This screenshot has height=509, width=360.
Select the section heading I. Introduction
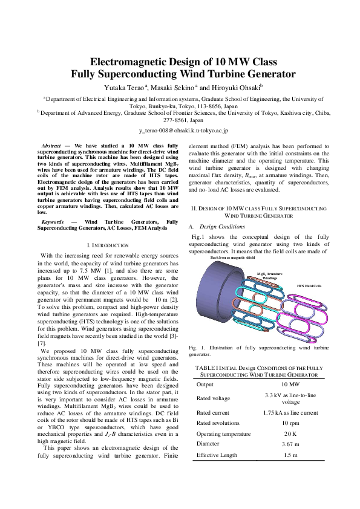108,245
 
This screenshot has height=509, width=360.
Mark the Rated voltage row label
214,398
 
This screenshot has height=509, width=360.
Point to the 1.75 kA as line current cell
291,412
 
